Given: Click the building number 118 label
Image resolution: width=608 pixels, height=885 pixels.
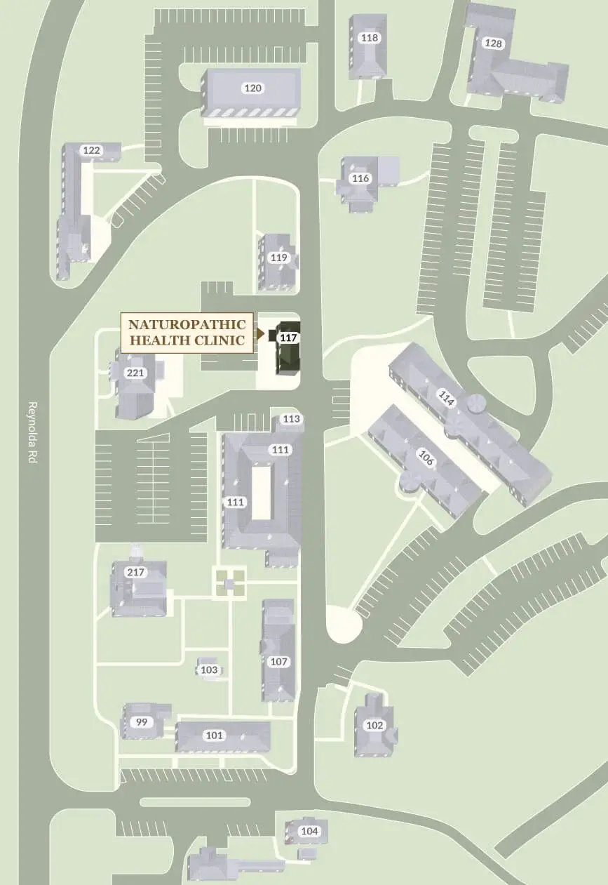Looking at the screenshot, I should [369, 38].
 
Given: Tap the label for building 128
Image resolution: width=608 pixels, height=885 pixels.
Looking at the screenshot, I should [494, 44].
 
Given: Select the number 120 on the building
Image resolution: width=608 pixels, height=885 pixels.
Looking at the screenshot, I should [252, 88].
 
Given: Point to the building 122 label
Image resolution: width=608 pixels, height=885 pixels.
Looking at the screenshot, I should [92, 150].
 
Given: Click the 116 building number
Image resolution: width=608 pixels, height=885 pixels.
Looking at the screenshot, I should [360, 178].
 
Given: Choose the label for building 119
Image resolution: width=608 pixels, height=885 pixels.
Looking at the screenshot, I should [279, 258].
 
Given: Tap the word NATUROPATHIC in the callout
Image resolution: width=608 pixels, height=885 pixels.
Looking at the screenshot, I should [187, 324].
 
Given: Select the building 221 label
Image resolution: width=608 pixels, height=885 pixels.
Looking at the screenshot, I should [135, 373].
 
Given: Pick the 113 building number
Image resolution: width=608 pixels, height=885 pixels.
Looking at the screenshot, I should [292, 419].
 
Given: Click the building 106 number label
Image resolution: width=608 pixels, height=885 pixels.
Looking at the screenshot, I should [426, 458].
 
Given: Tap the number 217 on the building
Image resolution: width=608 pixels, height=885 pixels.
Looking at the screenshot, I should [135, 572].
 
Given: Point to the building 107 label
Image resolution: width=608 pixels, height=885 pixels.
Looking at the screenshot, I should [279, 662].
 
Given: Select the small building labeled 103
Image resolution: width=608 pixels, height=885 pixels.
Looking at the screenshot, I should [209, 670].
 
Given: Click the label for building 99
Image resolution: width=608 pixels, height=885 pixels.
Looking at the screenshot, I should [142, 722].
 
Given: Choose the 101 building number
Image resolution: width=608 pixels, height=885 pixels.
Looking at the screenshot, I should [215, 736].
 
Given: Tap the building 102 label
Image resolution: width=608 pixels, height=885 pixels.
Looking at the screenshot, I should [375, 726].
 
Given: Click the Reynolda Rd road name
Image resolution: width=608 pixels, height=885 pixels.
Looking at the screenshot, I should [32, 425].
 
